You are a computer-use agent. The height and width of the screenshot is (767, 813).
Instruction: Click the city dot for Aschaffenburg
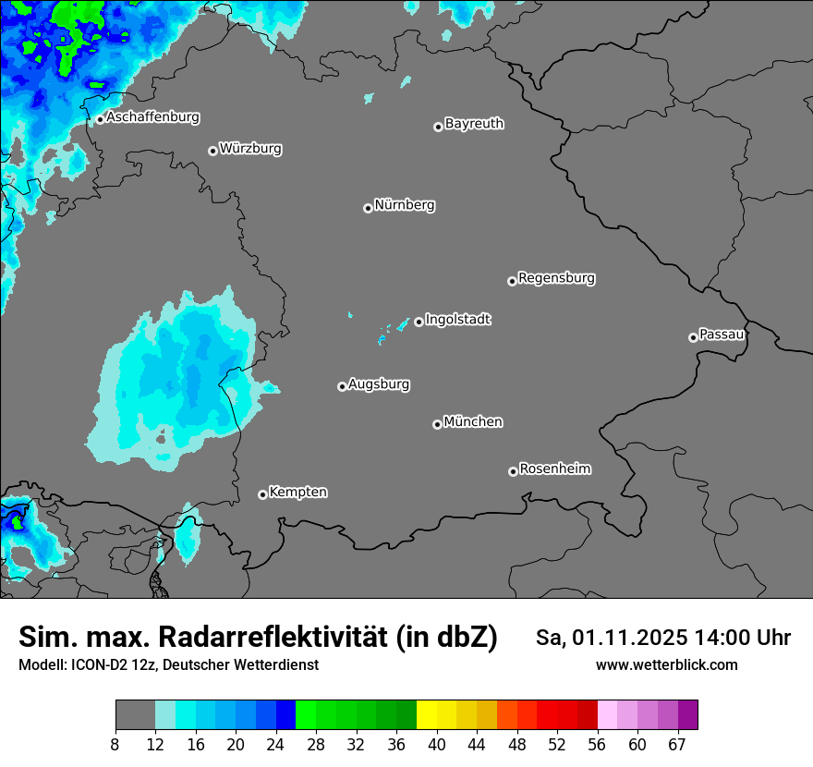click(100, 119)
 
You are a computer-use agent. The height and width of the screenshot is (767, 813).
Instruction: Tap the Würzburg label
click(250, 149)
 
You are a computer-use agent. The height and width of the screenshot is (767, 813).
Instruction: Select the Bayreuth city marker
click(438, 127)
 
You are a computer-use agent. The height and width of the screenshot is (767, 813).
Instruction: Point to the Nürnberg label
click(404, 205)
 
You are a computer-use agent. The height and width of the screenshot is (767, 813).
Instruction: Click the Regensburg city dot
click(512, 281)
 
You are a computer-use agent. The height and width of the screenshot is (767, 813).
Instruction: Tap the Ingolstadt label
click(457, 320)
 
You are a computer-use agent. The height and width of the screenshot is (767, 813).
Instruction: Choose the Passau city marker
click(693, 337)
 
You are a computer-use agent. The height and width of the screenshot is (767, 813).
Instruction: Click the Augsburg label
click(378, 384)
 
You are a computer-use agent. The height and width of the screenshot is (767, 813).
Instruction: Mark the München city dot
click(437, 425)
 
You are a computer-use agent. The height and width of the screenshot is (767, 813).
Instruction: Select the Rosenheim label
click(554, 469)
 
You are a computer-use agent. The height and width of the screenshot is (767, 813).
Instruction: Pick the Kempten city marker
click(262, 494)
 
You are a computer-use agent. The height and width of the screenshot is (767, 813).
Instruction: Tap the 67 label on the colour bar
click(677, 744)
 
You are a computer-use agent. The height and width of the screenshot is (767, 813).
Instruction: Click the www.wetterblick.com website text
click(666, 665)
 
